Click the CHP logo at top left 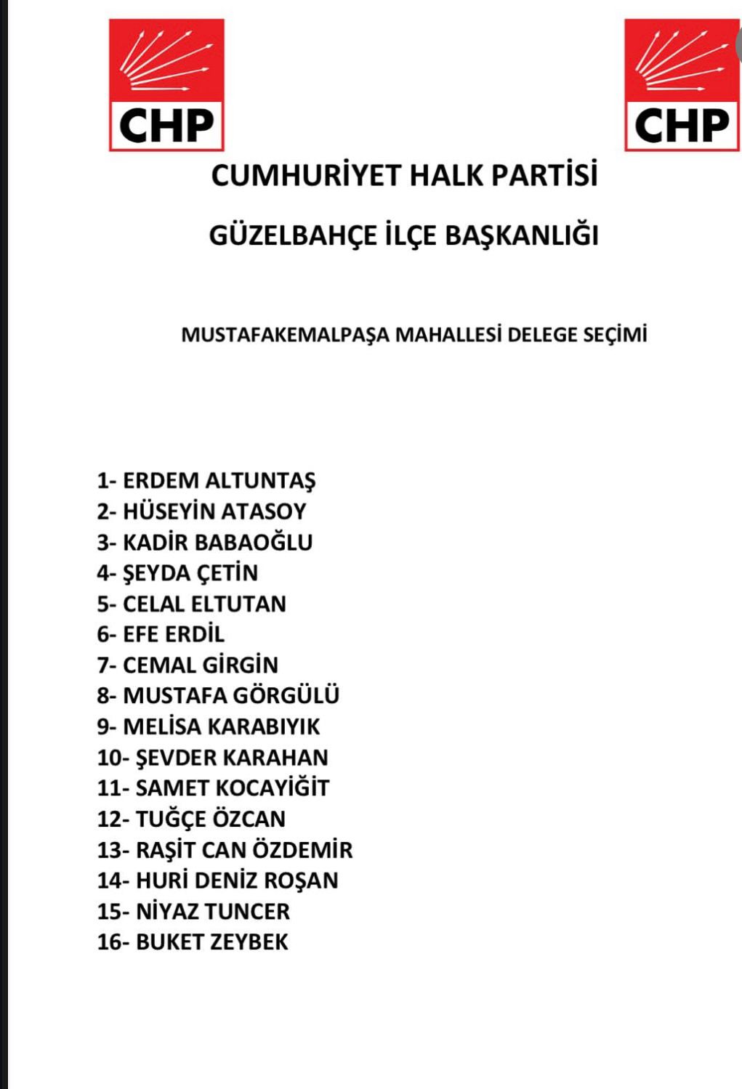pyautogui.click(x=166, y=85)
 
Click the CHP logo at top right pyautogui.click(x=682, y=85)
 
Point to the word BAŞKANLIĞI pyautogui.click(x=521, y=235)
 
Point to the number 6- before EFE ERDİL pyautogui.click(x=107, y=634)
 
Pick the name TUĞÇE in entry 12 pyautogui.click(x=171, y=819)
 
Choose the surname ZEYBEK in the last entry pyautogui.click(x=249, y=942)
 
